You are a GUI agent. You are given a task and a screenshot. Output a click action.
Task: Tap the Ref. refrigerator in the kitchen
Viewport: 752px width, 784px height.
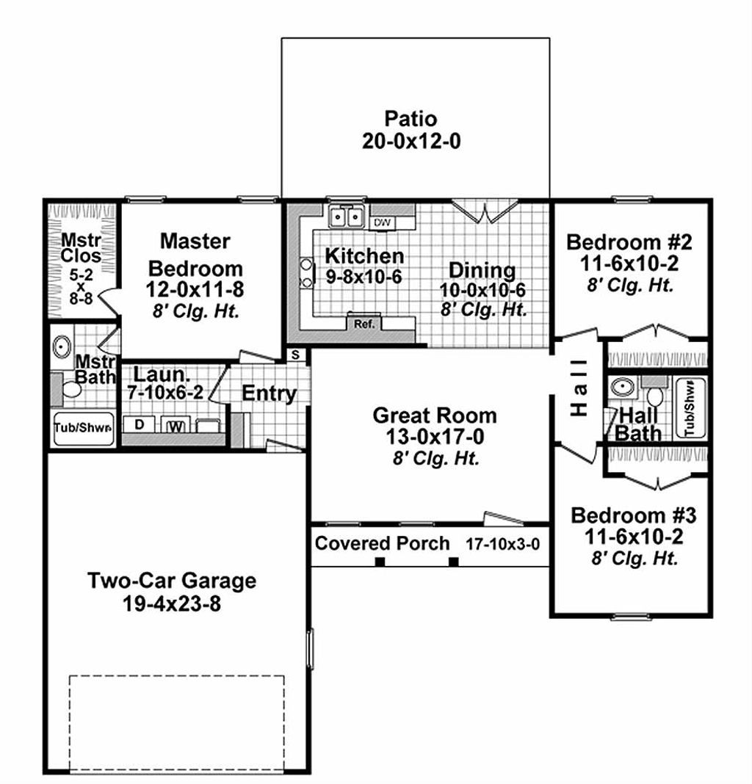(364, 323)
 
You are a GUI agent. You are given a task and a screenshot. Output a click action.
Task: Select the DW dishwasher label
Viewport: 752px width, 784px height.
(382, 222)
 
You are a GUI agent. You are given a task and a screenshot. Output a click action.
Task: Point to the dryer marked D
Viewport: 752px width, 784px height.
(138, 424)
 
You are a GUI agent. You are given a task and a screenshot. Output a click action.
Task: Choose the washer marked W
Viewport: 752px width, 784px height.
(176, 425)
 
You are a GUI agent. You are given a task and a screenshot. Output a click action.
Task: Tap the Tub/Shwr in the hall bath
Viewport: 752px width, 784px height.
(690, 409)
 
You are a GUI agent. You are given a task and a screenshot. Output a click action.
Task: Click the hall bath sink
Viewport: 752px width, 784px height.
(623, 388)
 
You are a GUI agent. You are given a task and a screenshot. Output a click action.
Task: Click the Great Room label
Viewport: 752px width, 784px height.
(434, 415)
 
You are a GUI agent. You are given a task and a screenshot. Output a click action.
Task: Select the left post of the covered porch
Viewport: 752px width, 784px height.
(380, 562)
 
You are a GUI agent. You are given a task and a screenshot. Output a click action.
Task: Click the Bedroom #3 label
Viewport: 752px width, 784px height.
(633, 515)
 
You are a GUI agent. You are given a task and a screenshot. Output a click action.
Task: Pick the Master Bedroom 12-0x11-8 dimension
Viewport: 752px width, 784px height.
(195, 289)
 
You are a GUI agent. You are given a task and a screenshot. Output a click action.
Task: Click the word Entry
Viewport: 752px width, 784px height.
(269, 393)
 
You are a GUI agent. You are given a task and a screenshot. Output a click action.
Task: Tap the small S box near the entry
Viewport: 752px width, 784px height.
(295, 355)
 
